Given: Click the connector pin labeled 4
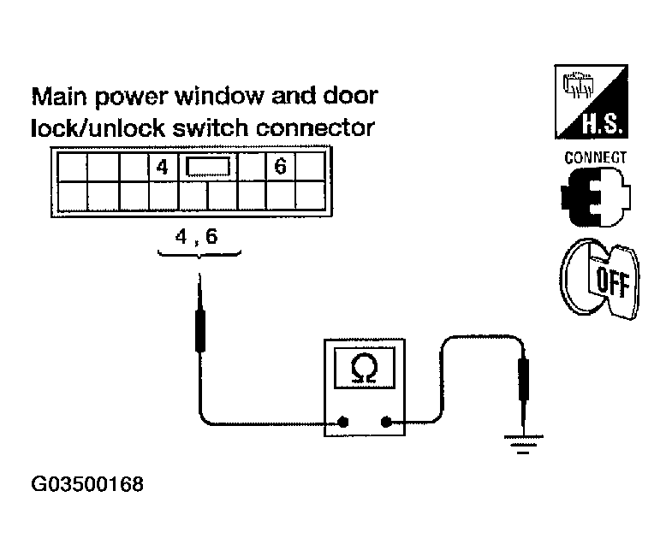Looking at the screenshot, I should pyautogui.click(x=162, y=167).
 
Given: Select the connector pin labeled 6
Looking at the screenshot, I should pyautogui.click(x=279, y=167).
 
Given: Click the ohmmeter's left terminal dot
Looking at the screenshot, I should pyautogui.click(x=342, y=421).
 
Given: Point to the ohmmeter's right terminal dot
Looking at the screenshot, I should pyautogui.click(x=385, y=421).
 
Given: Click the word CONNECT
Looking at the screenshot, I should pyautogui.click(x=595, y=158).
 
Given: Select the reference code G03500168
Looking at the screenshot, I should pyautogui.click(x=87, y=485).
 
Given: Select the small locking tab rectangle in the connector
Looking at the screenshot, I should pyautogui.click(x=208, y=167).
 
